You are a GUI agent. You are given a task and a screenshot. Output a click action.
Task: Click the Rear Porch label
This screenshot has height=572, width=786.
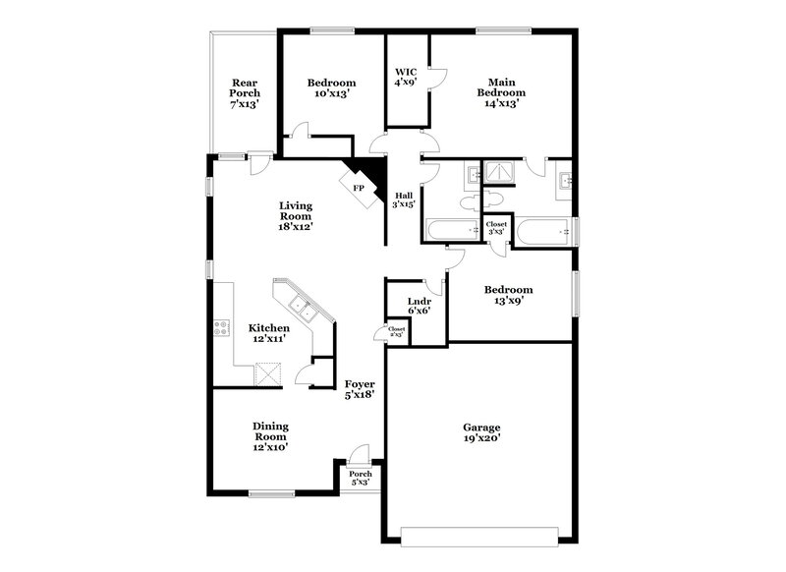[245, 92]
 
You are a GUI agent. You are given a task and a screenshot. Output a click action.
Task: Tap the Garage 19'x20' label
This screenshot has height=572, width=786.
[482, 433]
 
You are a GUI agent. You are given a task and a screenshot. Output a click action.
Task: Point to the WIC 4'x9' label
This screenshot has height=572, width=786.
[406, 78]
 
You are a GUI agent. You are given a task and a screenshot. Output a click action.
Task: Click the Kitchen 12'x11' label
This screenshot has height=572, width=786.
[268, 333]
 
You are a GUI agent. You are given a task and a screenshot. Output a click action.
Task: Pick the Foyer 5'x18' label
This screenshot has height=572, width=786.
[359, 389]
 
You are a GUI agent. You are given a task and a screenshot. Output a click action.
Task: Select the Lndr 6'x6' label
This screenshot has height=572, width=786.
[405, 306]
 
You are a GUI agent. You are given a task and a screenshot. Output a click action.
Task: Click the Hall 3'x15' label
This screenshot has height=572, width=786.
[404, 200]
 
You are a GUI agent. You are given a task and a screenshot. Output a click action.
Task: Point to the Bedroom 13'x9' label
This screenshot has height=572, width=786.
[508, 296]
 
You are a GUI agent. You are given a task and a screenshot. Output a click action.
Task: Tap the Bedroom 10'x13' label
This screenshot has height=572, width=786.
[330, 88]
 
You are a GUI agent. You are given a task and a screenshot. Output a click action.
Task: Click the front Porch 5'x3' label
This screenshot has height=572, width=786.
[360, 478]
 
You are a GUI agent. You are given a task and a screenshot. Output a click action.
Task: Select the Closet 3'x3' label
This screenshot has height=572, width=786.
[497, 228]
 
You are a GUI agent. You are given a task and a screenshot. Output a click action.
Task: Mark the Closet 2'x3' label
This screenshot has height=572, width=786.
[397, 332]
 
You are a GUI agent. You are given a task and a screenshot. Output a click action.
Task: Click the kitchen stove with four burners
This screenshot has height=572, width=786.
[222, 329]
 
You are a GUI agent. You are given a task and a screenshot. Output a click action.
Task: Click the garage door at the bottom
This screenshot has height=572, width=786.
[480, 535]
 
